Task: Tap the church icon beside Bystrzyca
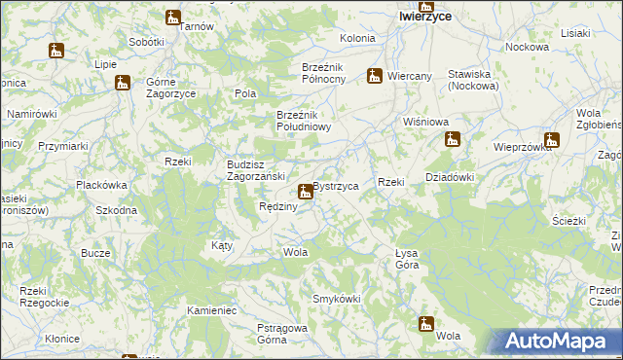point(306,191)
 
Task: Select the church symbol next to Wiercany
point(375,75)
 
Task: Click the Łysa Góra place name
point(407,258)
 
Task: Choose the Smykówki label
point(336,298)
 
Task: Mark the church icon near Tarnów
point(173,18)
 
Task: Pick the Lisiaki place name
point(575,33)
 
